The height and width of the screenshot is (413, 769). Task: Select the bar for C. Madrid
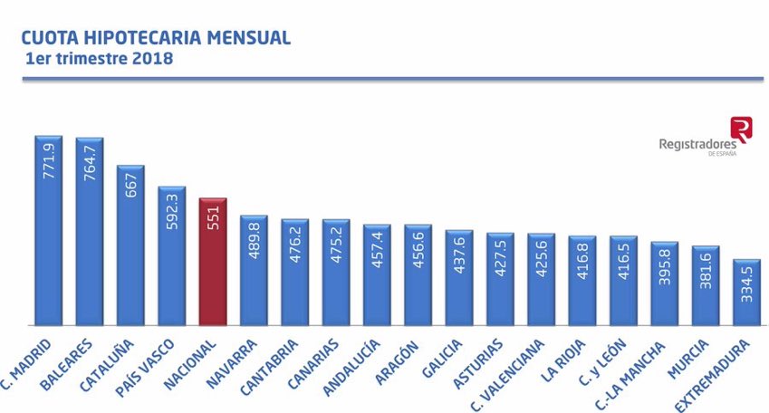point(48,230)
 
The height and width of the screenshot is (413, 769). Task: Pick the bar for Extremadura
point(747,292)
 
